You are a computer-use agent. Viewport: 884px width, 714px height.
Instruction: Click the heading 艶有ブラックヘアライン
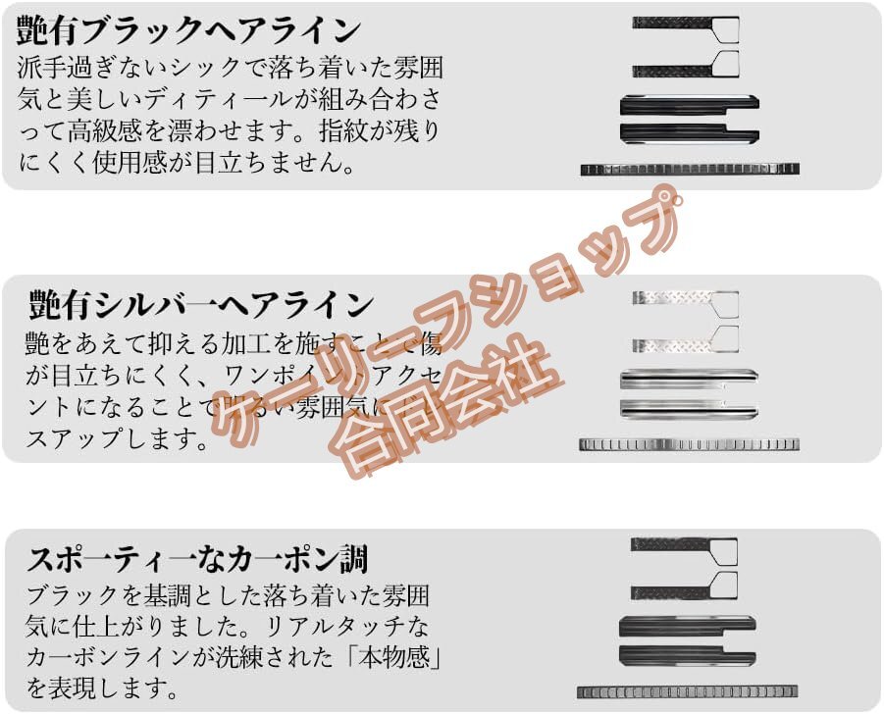point(188,29)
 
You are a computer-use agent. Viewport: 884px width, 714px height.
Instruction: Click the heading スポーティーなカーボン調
point(197,559)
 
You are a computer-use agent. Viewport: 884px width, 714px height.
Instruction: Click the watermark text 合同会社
point(446,409)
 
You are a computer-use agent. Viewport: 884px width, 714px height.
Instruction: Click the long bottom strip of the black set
point(689,169)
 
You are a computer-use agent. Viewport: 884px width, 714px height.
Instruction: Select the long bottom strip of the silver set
point(689,444)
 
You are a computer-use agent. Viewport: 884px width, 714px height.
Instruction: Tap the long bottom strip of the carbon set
point(687,692)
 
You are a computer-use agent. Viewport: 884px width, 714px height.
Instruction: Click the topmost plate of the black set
point(684,23)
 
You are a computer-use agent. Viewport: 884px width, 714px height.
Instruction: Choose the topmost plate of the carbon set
point(684,544)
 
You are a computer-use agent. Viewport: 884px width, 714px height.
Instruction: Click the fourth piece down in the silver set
point(687,408)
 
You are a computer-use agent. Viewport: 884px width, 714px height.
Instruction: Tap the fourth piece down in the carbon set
point(687,654)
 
